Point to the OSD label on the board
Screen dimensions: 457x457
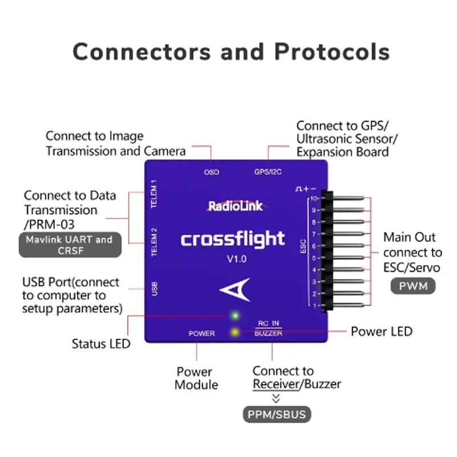211,172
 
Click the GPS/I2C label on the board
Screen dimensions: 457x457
267,172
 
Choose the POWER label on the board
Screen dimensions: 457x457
202,334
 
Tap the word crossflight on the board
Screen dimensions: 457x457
232,238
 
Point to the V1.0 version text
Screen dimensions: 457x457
236,259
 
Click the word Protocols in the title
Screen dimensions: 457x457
332,51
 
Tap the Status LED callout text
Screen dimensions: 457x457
101,344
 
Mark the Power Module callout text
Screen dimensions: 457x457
196,378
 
